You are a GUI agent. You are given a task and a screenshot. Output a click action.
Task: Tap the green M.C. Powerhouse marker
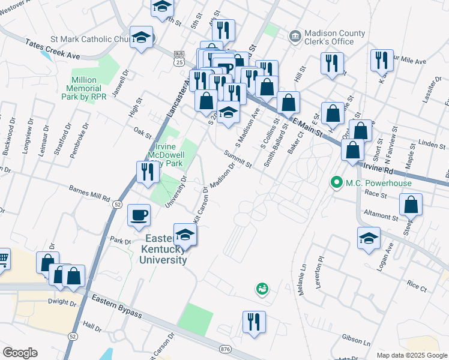point(337,182)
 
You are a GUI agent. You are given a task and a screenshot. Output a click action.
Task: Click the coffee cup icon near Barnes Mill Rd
point(139,215)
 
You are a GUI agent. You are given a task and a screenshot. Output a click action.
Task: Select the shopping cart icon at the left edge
point(2,259)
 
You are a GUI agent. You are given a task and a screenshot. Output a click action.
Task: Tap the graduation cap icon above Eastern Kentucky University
point(185,235)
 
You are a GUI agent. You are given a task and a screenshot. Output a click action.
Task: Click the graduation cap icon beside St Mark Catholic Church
point(141,38)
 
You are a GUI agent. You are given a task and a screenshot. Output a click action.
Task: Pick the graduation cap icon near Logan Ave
point(369,238)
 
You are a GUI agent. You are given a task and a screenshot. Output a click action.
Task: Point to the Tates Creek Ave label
point(53,49)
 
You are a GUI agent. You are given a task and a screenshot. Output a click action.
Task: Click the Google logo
point(20,352)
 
